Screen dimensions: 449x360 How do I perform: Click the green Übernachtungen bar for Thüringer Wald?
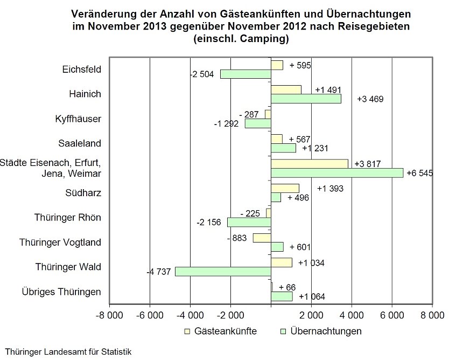(223, 272)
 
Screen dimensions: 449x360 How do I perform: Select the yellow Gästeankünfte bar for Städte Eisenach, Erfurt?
(310, 164)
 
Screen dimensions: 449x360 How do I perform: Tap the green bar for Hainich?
(306, 99)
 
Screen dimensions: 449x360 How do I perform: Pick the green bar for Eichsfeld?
(245, 74)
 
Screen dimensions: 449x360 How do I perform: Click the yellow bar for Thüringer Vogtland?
(262, 238)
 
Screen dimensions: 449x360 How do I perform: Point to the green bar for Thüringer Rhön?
(249, 223)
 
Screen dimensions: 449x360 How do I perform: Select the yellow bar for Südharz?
(285, 188)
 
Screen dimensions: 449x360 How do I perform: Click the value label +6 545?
(420, 173)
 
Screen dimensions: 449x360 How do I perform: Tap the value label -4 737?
(159, 272)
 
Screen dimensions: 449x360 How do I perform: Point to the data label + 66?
(287, 287)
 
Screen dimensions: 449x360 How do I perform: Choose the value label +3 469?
(370, 99)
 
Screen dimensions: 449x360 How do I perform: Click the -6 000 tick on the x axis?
(150, 315)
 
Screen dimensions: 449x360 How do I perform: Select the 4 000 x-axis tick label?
(352, 315)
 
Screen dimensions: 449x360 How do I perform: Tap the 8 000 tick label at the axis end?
(432, 315)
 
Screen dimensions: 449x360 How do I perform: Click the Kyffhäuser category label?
(78, 119)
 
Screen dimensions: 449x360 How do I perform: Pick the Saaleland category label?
(80, 143)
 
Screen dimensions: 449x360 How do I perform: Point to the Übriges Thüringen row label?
(61, 292)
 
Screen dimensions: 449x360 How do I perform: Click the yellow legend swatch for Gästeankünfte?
(187, 331)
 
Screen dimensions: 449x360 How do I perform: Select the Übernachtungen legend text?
(326, 331)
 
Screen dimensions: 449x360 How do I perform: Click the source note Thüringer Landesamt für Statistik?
(68, 352)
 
